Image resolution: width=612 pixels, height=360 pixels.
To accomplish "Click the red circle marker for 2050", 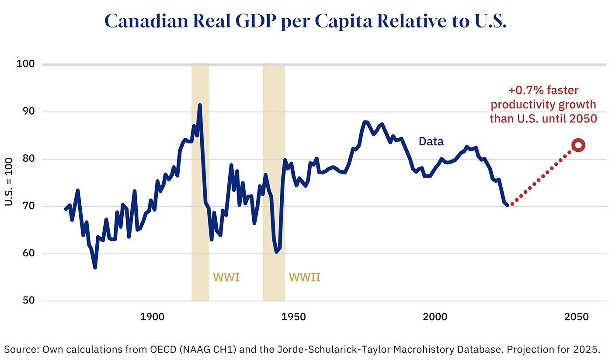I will (578, 146).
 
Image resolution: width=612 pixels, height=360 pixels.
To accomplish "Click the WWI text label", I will (226, 277).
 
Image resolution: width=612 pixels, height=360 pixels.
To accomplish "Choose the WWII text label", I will (304, 277).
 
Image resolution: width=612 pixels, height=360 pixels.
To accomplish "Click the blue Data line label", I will (431, 141).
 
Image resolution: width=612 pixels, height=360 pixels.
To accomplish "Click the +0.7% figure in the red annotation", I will (524, 91).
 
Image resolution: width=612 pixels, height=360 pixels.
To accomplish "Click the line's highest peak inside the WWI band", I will (200, 105).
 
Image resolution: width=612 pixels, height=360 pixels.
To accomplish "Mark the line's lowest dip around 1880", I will (95, 267).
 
